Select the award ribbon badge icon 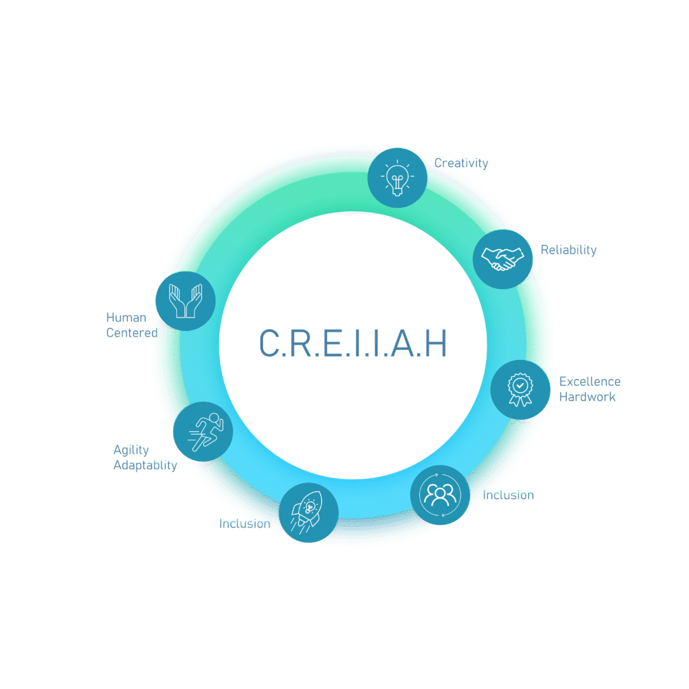[x=519, y=390]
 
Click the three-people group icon [x=440, y=495]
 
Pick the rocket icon [x=308, y=512]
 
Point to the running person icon [x=203, y=431]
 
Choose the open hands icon [x=185, y=301]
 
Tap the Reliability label [x=569, y=250]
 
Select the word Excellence [x=589, y=382]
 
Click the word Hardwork [x=587, y=397]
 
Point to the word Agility [x=131, y=450]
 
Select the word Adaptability [x=145, y=465]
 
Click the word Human [x=126, y=318]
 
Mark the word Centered [x=132, y=332]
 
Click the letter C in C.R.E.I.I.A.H [x=269, y=343]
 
